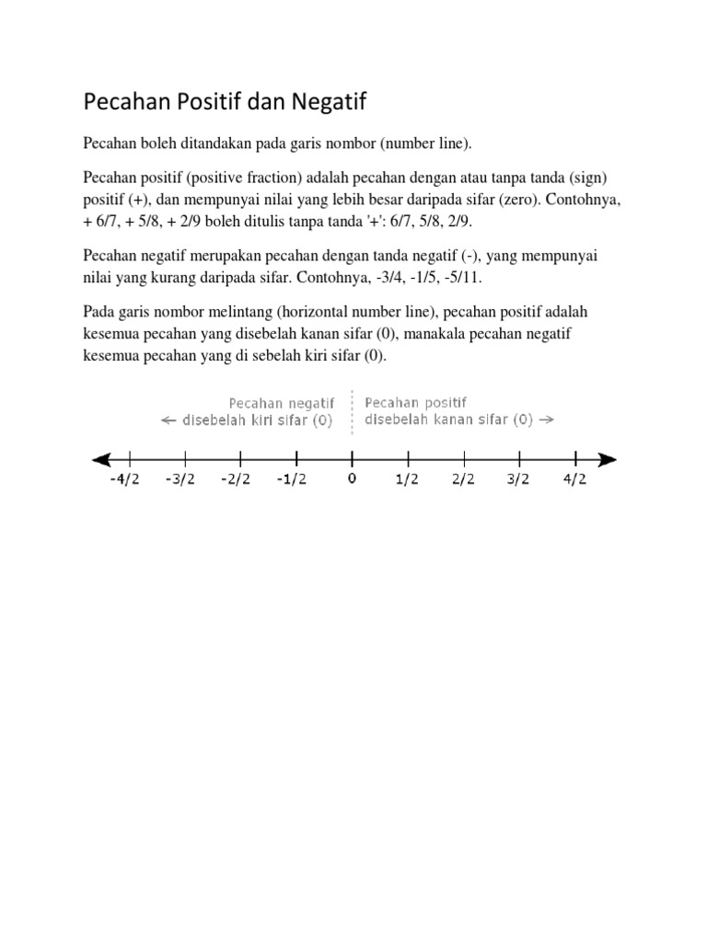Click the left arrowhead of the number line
99,459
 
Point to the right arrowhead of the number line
607,459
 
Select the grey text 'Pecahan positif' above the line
416,403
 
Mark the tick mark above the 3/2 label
520,458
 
